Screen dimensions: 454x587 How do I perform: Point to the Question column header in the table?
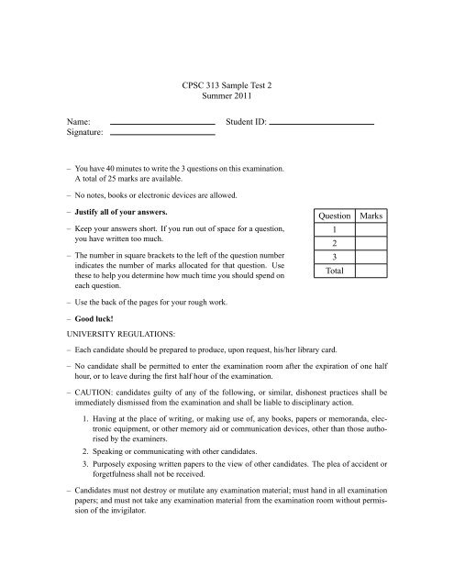coord(334,215)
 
